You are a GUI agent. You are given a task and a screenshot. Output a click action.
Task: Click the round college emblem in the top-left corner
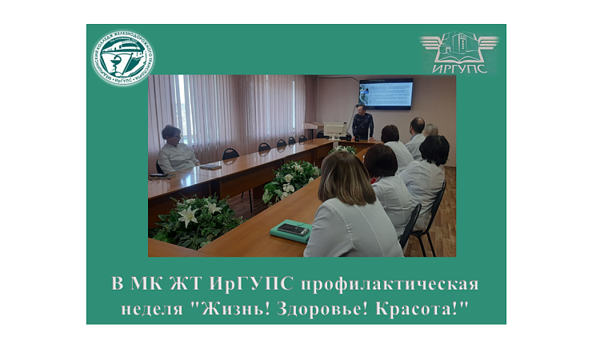[x=122, y=58]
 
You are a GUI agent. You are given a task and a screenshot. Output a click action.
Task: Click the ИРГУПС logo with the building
[x=459, y=52]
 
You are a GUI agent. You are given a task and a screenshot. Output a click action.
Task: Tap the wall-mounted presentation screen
[x=386, y=94]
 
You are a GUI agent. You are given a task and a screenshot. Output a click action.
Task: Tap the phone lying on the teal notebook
[x=292, y=230]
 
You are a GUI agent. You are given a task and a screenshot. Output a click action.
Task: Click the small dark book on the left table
[x=210, y=166]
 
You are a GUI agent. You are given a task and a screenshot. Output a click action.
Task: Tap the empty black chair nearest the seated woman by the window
[x=230, y=154]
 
